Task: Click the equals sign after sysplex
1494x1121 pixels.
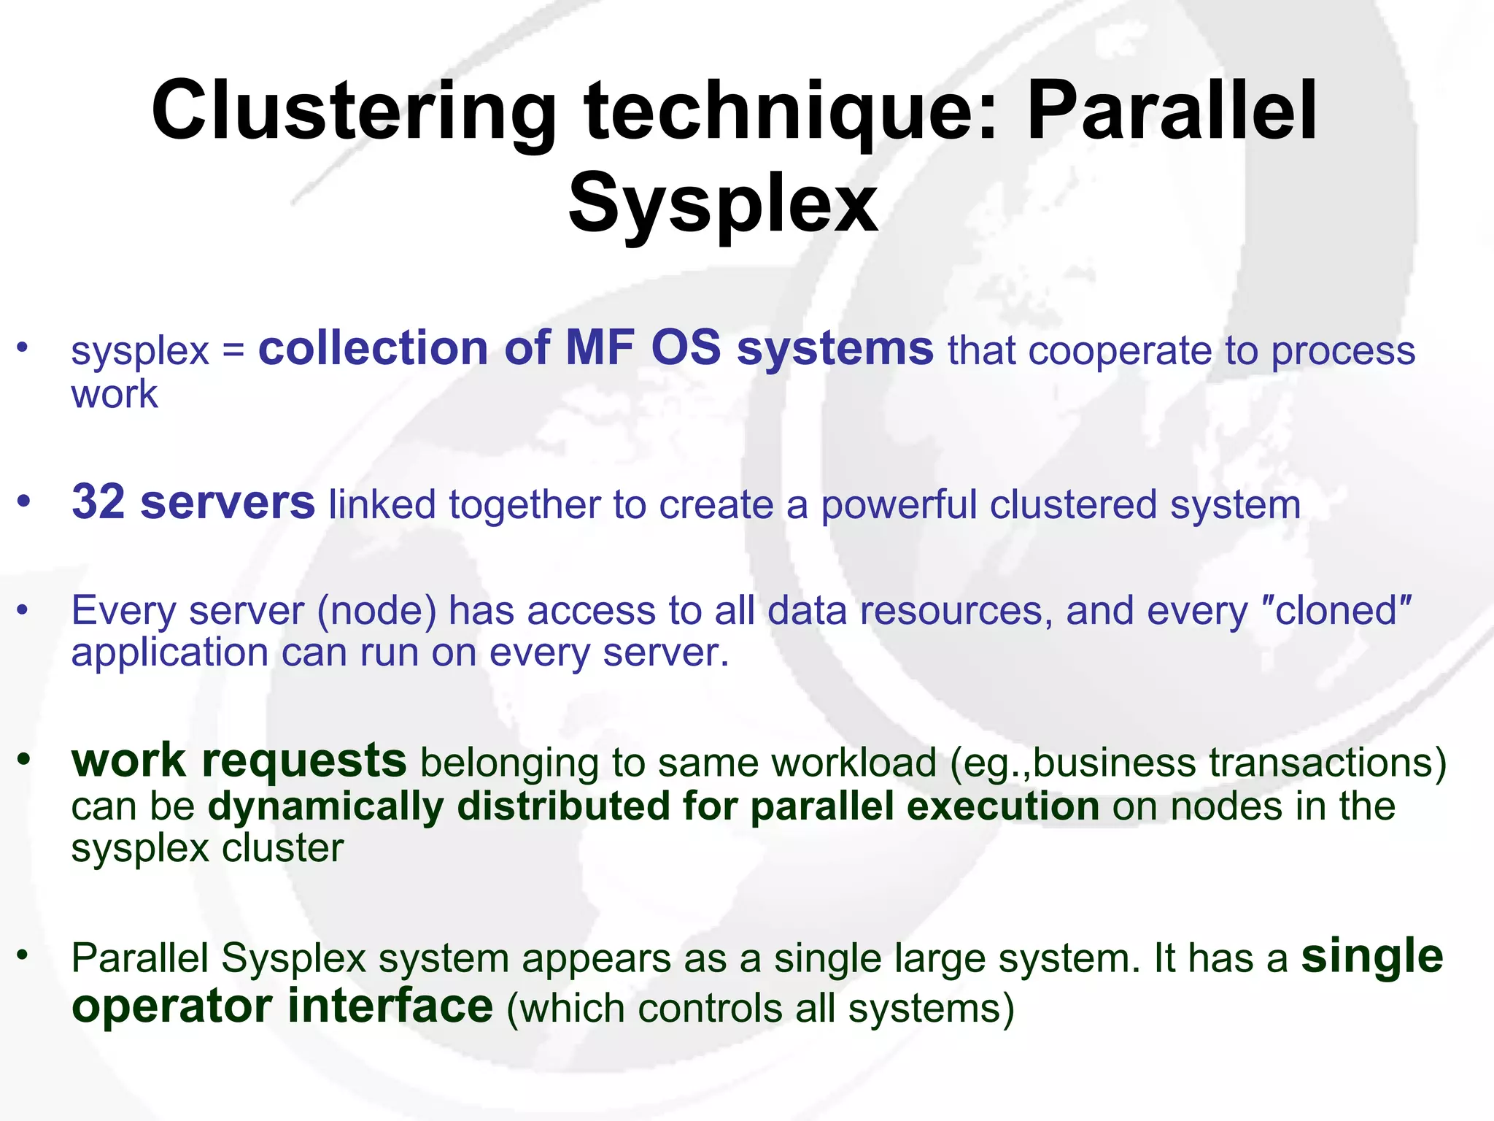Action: (233, 351)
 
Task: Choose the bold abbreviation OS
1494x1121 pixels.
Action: (685, 348)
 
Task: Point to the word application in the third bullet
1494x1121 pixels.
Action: (170, 652)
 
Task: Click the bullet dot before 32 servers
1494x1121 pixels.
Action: (25, 502)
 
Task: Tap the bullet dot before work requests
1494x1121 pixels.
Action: (25, 760)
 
